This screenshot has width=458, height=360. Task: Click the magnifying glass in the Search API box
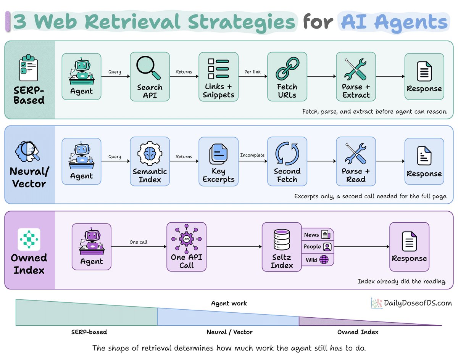[148, 67]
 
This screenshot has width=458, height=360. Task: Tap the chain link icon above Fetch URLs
[287, 69]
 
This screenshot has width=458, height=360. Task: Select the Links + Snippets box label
[218, 91]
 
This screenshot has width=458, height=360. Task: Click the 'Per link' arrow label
[252, 72]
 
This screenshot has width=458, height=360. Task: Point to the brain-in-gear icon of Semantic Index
[150, 153]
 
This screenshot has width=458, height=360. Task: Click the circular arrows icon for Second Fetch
[287, 154]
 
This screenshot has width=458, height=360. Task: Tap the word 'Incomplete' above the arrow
[252, 155]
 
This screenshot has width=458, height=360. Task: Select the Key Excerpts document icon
[218, 154]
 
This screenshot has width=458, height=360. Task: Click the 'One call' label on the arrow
[138, 242]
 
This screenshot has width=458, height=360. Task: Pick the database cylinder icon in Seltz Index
[282, 239]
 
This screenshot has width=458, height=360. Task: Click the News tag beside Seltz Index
[317, 235]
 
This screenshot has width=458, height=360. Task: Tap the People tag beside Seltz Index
[317, 247]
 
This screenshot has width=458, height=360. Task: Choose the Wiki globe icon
[324, 260]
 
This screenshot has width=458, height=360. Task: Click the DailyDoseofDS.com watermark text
[418, 303]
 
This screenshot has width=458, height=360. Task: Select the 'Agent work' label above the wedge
[229, 303]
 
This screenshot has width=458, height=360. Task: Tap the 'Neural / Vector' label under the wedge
[230, 332]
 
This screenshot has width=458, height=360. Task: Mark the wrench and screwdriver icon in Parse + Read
[356, 154]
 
